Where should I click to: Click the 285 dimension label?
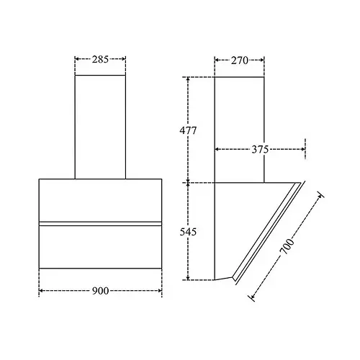[x=100, y=59]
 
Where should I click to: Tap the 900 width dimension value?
[x=101, y=291]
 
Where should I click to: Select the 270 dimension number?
[x=240, y=60]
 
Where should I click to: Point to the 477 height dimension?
[x=188, y=130]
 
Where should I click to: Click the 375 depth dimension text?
[x=260, y=150]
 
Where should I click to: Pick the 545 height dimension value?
[x=188, y=232]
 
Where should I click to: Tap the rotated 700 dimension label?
[x=287, y=246]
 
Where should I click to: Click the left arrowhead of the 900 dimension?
[x=41, y=291]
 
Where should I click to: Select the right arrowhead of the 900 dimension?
[x=160, y=291]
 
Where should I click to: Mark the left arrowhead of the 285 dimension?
[x=77, y=59]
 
